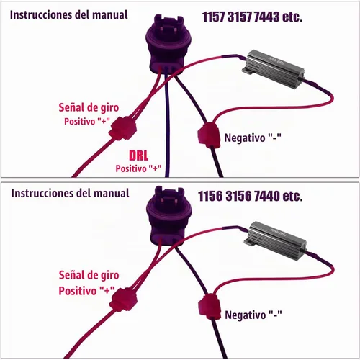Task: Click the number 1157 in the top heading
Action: pos(214,17)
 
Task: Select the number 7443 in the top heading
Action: pos(266,17)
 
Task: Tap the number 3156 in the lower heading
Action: pos(239,196)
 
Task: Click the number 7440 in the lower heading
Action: pos(266,196)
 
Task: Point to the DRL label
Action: pos(138,156)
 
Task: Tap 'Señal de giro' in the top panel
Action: pos(89,107)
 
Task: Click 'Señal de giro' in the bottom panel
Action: pos(89,275)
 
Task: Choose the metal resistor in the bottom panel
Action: pos(275,240)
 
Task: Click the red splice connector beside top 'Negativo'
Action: pos(209,135)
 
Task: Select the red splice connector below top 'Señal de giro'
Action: pos(123,128)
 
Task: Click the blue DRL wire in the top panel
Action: pos(166,125)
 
